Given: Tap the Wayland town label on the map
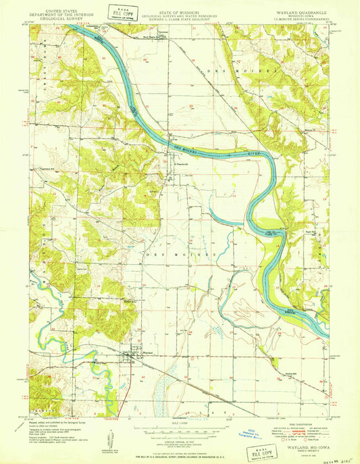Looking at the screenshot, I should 133,351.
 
